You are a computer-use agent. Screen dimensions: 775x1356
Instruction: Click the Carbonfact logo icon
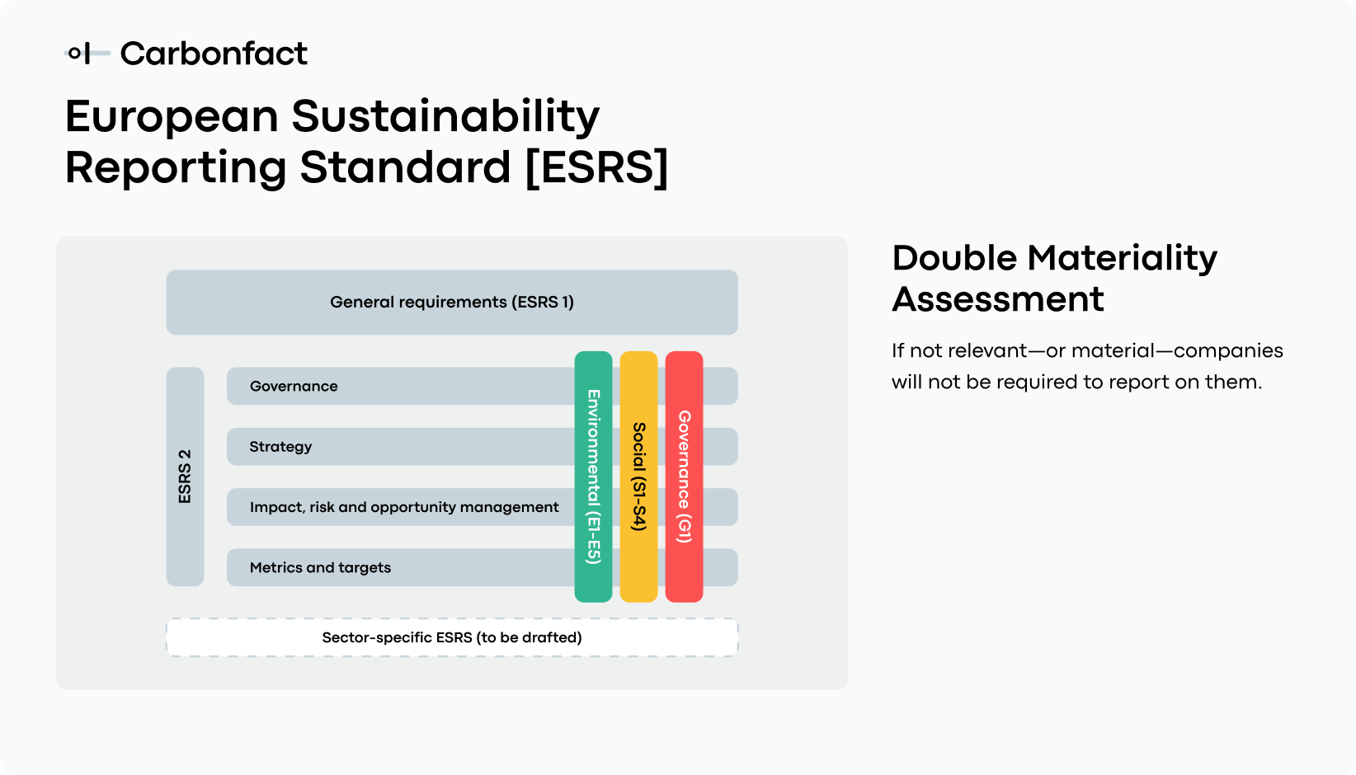[x=86, y=54]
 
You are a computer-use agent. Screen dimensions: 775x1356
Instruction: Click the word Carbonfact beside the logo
[x=214, y=54]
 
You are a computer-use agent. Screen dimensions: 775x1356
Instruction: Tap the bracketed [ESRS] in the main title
[x=596, y=167]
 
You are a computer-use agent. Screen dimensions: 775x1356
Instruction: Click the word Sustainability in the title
[x=445, y=115]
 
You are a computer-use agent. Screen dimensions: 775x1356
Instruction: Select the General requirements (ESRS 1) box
[x=452, y=302]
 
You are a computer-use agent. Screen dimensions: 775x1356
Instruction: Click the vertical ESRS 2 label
[x=185, y=477]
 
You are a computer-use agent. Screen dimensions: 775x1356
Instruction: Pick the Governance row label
[x=294, y=386]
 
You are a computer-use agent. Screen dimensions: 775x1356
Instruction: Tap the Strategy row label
[x=280, y=446]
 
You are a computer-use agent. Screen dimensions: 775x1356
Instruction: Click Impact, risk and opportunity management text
[x=404, y=507]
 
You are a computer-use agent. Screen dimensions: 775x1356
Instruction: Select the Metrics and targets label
[x=320, y=567]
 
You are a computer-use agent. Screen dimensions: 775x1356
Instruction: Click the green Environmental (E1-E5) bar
[x=593, y=477]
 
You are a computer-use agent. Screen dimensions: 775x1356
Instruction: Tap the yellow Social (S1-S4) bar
[x=638, y=477]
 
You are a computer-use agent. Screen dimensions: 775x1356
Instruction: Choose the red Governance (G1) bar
[x=684, y=477]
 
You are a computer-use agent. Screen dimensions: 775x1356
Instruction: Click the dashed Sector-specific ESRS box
[x=452, y=637]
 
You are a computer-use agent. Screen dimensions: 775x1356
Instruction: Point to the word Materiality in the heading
[x=1123, y=258]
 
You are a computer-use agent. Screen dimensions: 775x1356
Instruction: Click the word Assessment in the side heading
[x=998, y=299]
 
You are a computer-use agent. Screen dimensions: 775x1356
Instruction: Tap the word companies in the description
[x=1228, y=350]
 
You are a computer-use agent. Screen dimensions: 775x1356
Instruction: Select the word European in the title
[x=172, y=115]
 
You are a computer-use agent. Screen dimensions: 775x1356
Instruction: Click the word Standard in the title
[x=405, y=167]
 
